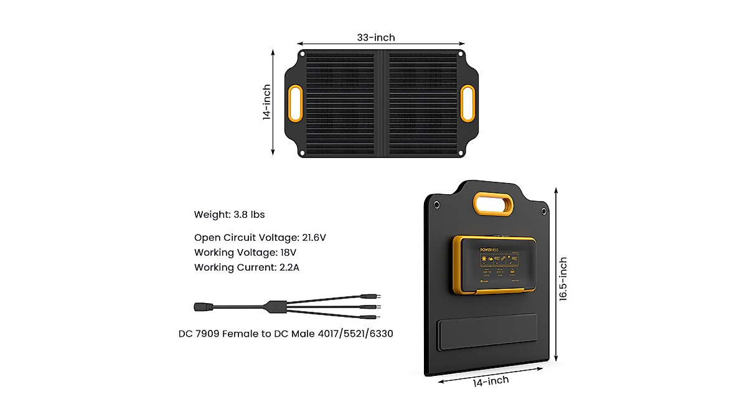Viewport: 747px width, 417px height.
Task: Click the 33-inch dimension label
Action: [375, 37]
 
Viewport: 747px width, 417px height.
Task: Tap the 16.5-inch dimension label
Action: [563, 279]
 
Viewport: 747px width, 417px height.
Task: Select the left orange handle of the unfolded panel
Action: [295, 103]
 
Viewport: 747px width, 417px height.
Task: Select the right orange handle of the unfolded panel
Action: [467, 103]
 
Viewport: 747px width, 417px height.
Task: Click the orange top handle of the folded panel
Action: [493, 204]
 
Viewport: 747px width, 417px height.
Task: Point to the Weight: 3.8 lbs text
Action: [229, 215]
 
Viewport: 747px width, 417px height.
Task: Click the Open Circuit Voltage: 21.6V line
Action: [260, 237]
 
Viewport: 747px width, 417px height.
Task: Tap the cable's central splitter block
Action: [273, 307]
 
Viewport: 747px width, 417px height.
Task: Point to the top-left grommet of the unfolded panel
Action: [303, 55]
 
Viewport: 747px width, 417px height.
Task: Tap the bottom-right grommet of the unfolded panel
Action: [460, 152]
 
